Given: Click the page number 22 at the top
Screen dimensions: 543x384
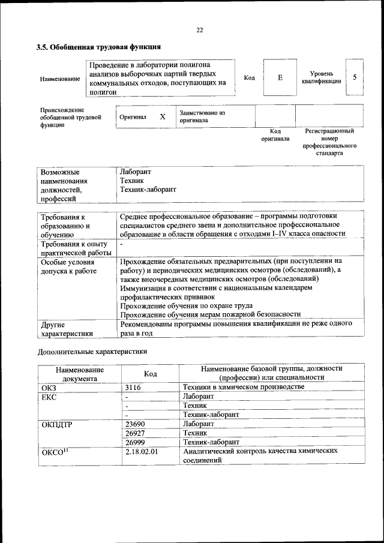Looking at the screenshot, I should point(200,31).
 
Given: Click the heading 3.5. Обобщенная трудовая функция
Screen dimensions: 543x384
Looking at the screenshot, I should point(98,47).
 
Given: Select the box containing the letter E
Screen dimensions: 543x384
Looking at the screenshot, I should point(280,78).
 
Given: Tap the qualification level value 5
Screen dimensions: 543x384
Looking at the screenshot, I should point(355,77).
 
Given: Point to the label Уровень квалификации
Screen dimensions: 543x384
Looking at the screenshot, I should point(322,77).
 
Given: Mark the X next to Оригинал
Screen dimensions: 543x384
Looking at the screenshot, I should point(162,117).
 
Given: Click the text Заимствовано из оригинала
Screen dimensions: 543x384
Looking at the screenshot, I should point(202,116).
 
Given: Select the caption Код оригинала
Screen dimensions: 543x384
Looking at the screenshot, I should point(275,135).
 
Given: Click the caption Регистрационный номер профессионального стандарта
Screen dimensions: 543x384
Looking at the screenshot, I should point(329,142).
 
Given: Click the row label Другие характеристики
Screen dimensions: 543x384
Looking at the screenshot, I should point(67,329).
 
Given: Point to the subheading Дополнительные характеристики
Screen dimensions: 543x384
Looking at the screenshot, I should point(92,352).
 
